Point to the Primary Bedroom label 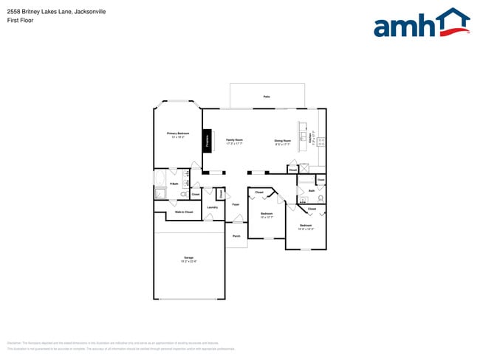177,134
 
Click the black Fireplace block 208,139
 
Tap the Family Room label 234,139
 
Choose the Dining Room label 282,139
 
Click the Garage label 188,257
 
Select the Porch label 236,236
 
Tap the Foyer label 236,204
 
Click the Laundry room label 211,207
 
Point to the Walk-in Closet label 184,212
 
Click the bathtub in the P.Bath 160,179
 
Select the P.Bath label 174,183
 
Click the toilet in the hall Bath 320,198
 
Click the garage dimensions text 188,261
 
